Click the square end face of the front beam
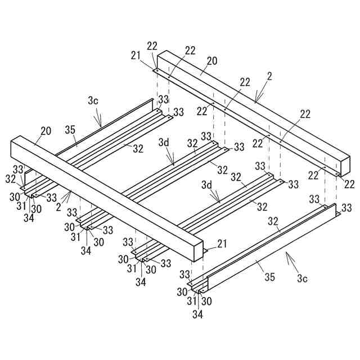click(193, 249)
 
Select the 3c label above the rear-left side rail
click(93, 101)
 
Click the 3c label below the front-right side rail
click(303, 278)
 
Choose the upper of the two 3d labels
click(164, 143)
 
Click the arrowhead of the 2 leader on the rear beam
click(255, 102)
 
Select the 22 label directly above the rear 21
click(152, 46)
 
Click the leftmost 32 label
click(11, 179)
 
